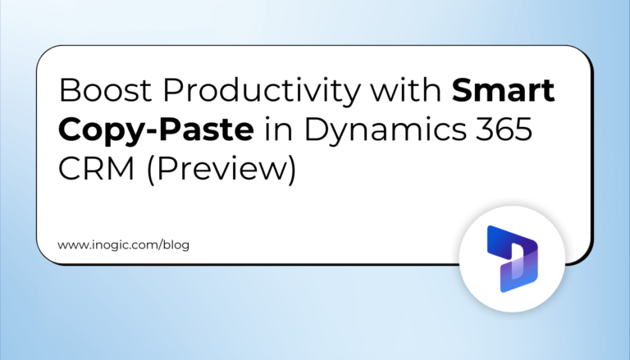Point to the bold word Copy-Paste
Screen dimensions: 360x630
pyautogui.click(x=137, y=130)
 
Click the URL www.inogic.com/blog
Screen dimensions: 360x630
pyautogui.click(x=123, y=245)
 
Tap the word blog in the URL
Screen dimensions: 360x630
pyautogui.click(x=176, y=245)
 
